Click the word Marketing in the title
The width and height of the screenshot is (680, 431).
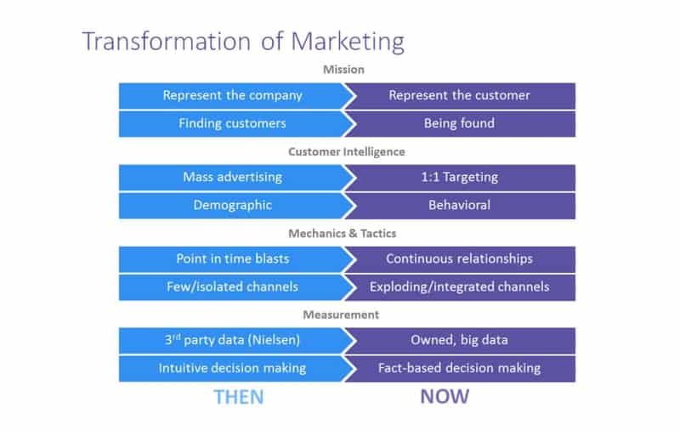[x=348, y=43]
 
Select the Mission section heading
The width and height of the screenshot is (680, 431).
[x=343, y=70]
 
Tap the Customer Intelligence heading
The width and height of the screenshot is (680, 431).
[x=347, y=152]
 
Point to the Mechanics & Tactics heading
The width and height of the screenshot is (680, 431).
[x=343, y=233]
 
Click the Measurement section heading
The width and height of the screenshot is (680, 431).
[x=341, y=315]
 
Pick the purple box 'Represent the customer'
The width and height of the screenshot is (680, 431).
[x=460, y=96]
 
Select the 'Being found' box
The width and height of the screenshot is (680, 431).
[x=460, y=124]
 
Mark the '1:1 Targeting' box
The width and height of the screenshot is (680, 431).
[x=460, y=178]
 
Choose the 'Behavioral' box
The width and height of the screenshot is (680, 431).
[x=460, y=206]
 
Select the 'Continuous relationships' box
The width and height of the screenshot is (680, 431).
[x=460, y=259]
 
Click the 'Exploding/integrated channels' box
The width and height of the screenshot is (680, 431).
[x=460, y=287]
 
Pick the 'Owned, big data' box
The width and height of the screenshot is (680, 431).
[x=460, y=341]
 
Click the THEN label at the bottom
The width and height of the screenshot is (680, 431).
[x=239, y=397]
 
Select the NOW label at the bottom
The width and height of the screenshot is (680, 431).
[x=445, y=396]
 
